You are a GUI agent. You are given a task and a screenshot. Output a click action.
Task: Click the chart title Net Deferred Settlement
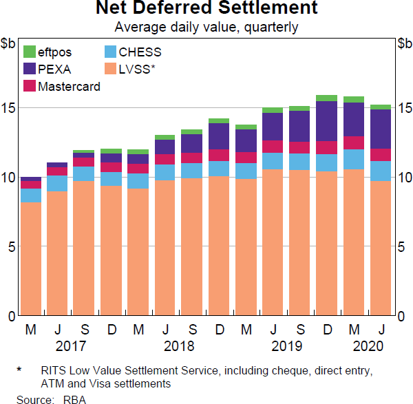coord(206,9)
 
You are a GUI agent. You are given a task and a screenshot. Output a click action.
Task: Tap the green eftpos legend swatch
coord(30,52)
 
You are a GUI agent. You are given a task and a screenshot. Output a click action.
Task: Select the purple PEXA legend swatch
coord(30,69)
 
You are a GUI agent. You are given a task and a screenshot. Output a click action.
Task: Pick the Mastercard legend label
coord(70,87)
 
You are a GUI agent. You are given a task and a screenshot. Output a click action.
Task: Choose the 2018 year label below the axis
coord(179,345)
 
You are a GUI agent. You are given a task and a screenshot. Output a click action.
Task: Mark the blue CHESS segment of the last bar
coord(381,171)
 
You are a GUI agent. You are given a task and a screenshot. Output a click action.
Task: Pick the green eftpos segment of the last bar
coord(381,107)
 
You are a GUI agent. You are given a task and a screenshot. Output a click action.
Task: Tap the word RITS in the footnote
coord(51,371)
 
